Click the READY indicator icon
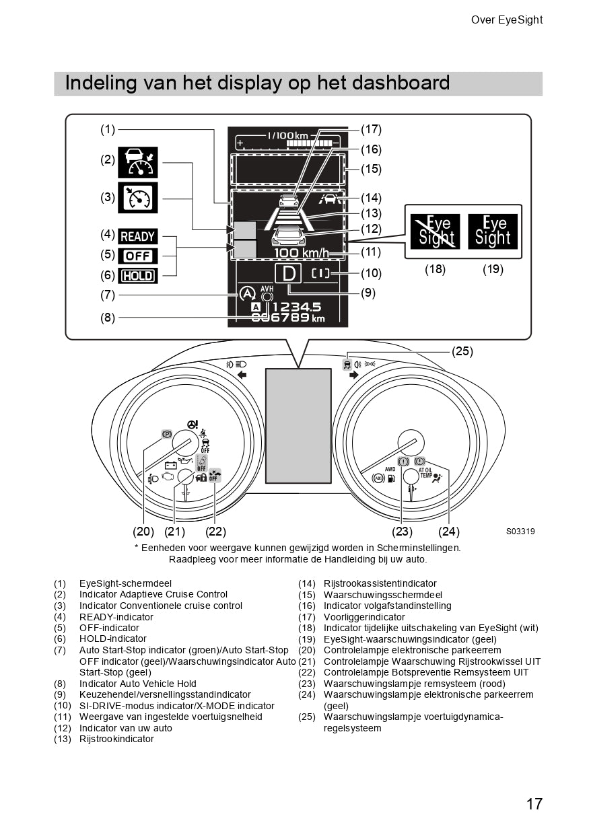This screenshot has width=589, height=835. click(138, 236)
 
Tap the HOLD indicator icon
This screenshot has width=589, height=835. click(138, 275)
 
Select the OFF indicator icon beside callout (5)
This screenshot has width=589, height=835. click(138, 256)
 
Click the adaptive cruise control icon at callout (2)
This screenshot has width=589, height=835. click(138, 162)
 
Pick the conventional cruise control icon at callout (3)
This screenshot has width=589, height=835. click(138, 197)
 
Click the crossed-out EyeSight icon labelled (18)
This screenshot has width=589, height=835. click(436, 231)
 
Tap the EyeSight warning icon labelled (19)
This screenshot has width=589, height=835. click(493, 231)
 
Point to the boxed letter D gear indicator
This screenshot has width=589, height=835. click(288, 274)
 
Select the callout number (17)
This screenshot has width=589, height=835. click(371, 129)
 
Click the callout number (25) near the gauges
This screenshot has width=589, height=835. click(462, 351)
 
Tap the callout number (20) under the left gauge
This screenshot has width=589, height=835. click(143, 532)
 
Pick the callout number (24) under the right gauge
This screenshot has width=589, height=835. click(448, 532)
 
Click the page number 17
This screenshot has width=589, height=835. click(534, 803)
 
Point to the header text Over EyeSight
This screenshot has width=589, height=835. click(506, 20)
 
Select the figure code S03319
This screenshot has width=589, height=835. click(520, 532)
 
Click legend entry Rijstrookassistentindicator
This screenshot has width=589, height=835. click(380, 583)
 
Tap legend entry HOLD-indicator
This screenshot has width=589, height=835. click(112, 639)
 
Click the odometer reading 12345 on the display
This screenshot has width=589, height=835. click(296, 307)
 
